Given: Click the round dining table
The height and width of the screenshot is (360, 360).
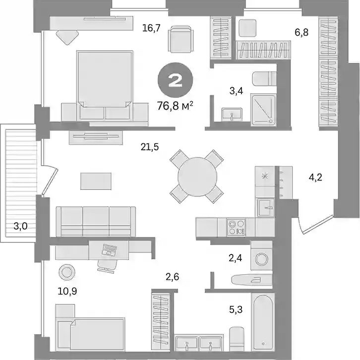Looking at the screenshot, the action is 197,177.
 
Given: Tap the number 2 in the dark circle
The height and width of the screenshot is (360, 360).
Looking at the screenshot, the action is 175,80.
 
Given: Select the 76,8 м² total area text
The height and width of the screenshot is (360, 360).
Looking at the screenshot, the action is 175,106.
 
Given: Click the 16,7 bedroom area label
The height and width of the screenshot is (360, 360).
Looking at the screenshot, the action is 151,28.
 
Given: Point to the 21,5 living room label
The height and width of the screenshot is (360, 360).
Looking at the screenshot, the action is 150,147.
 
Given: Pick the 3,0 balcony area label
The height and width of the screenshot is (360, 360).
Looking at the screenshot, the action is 20,226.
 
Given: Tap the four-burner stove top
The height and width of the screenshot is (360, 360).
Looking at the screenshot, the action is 236,227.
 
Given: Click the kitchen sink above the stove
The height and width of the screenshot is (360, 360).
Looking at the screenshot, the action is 266,208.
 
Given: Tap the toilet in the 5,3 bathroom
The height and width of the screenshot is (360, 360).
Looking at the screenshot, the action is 237,339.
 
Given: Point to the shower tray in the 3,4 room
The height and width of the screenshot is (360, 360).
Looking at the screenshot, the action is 264,110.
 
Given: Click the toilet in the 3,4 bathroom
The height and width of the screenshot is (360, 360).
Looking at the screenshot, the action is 264,79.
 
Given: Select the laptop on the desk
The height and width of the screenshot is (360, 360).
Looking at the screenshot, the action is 110,250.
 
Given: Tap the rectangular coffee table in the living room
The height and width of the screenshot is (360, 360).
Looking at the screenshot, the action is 96,181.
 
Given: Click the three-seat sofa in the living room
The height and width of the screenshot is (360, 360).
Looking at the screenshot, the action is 96,222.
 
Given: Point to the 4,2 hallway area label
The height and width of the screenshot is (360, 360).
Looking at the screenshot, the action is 315,178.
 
